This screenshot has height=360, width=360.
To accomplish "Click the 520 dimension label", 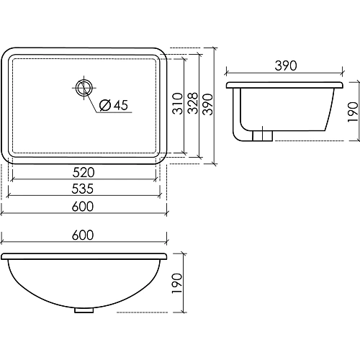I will [x=84, y=173].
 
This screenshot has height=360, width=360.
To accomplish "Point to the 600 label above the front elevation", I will [x=84, y=235].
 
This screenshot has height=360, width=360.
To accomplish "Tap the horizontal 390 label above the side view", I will [x=285, y=66].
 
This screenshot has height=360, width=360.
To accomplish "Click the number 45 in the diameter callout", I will [x=120, y=106].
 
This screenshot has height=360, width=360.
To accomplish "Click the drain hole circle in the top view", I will [x=84, y=89].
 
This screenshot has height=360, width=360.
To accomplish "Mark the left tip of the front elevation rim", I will [x=3, y=256].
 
